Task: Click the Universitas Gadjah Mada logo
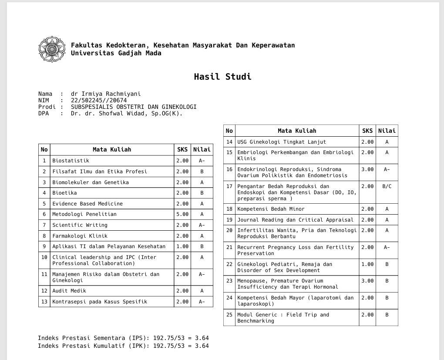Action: point(52,49)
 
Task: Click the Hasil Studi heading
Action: point(222,77)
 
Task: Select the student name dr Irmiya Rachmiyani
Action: point(106,94)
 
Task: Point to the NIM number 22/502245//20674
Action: point(99,100)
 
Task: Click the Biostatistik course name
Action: point(71,161)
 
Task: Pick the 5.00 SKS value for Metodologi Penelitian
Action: point(182,214)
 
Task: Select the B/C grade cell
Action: point(387,186)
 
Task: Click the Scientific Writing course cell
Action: point(80,225)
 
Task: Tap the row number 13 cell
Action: point(44,302)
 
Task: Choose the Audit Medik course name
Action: point(69,291)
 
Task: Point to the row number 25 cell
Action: point(229,315)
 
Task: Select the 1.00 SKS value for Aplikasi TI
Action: point(182,246)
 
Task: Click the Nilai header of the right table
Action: point(387,131)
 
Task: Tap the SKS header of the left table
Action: point(182,149)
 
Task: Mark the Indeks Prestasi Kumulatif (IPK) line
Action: point(123,346)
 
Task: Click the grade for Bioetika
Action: point(202,193)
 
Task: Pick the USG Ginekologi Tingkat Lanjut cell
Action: point(281,142)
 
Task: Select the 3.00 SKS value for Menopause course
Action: point(367,281)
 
